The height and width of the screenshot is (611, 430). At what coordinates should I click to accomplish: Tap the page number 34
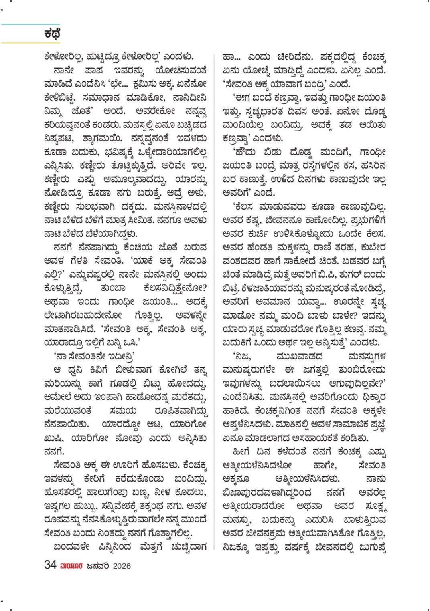(x=50, y=565)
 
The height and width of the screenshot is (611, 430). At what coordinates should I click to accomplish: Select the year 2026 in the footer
(x=122, y=566)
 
